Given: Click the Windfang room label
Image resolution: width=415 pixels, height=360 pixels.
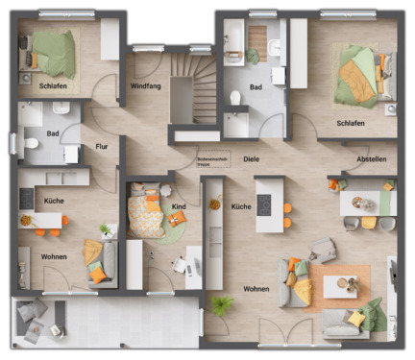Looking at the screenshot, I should pos(144,86).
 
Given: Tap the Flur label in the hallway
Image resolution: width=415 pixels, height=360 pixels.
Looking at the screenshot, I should pos(101,147).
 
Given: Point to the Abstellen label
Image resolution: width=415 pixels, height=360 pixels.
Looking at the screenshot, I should pos(371,159).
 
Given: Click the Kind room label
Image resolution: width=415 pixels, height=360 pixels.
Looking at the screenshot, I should pos(179,206).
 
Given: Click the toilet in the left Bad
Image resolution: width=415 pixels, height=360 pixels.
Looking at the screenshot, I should pos(31,145).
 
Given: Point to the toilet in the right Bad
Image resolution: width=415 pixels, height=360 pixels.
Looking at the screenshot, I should pos(236,97).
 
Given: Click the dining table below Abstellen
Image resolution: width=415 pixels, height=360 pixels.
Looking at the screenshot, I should pos(366,204).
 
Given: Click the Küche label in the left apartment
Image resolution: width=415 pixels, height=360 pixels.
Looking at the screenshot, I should pos(54,200).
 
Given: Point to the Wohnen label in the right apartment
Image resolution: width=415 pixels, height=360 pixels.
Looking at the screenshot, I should pos(256,288).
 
